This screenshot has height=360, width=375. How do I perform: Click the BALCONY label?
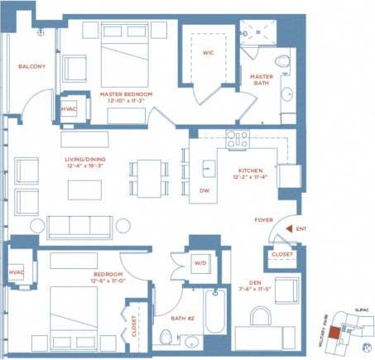(x=31, y=66)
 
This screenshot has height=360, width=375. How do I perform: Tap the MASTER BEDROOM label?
(x=126, y=94)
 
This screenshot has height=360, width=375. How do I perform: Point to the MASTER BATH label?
(x=262, y=80)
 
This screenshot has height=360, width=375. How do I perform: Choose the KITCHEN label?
(x=248, y=171)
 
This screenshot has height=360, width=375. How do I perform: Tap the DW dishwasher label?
(x=204, y=190)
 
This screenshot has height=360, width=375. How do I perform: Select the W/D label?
(x=201, y=264)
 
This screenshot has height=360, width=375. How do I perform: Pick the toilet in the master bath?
(x=282, y=62)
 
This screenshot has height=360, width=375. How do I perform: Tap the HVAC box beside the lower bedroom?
(x=17, y=273)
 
